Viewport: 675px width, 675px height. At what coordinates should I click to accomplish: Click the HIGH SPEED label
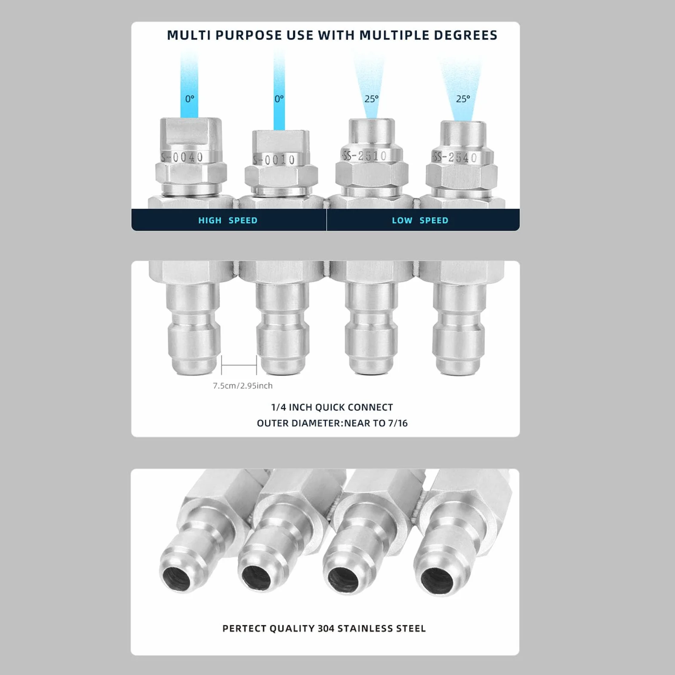[228, 220]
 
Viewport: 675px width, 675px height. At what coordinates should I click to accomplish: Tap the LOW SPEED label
[420, 220]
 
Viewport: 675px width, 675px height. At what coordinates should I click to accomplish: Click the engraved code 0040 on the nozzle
[188, 157]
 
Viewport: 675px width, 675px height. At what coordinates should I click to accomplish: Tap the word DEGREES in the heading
[465, 35]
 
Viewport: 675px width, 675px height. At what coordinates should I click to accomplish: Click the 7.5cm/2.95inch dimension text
[243, 386]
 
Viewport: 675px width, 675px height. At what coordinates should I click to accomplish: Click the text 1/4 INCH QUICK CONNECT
[332, 407]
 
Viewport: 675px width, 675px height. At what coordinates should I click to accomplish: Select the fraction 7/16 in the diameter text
[398, 423]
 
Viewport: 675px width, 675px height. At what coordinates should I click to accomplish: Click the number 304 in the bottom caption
[326, 629]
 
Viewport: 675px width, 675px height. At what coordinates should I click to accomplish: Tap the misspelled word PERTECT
[244, 629]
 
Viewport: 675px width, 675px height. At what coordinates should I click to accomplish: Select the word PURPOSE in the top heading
[249, 35]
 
